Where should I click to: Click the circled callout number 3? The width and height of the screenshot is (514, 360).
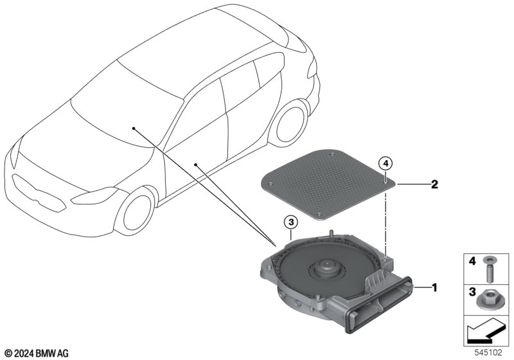(290, 222)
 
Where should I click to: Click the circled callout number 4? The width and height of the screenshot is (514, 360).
(385, 163)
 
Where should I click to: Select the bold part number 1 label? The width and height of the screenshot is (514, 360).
(434, 287)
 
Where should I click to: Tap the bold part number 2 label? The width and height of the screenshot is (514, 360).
(434, 184)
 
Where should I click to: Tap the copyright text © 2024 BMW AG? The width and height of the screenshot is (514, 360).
(35, 353)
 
